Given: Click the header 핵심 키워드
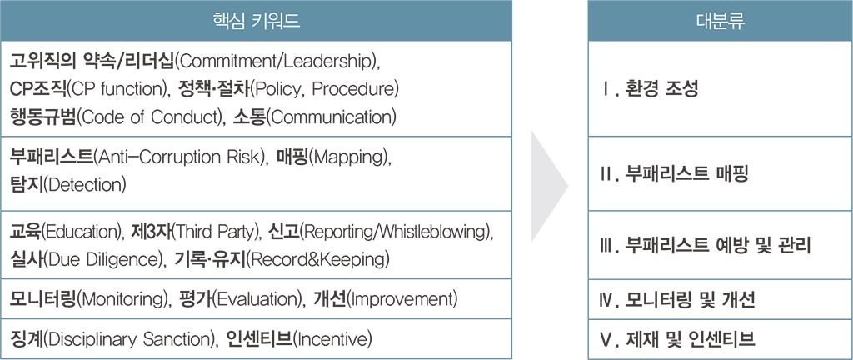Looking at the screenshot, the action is click(257, 21).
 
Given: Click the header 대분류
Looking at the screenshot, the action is click(721, 21).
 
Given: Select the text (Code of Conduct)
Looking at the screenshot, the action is click(147, 117).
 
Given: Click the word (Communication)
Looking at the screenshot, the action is click(332, 117).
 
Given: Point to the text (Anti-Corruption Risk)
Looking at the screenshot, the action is click(180, 158).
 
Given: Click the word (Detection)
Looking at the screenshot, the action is click(84, 186).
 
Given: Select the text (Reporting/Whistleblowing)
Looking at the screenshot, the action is click(397, 232).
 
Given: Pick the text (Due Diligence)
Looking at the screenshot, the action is click(102, 260).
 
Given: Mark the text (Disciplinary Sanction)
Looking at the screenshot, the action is click(127, 339).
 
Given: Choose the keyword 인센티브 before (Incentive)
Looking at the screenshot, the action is click(259, 339).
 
